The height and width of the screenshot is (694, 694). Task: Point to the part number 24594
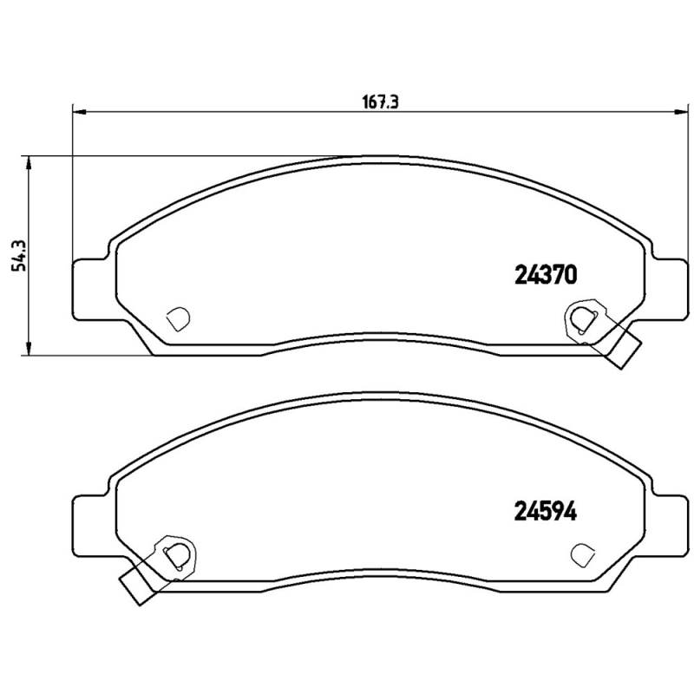[x=546, y=511]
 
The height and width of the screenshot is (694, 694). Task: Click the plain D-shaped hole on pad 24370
[x=177, y=318]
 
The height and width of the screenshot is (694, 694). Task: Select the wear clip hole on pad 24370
[x=580, y=320]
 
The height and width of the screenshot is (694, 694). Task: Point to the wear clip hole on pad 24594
[x=176, y=553]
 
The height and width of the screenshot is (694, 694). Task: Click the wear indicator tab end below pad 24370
[x=625, y=351]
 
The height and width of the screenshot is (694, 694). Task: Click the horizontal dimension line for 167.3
[x=260, y=111]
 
